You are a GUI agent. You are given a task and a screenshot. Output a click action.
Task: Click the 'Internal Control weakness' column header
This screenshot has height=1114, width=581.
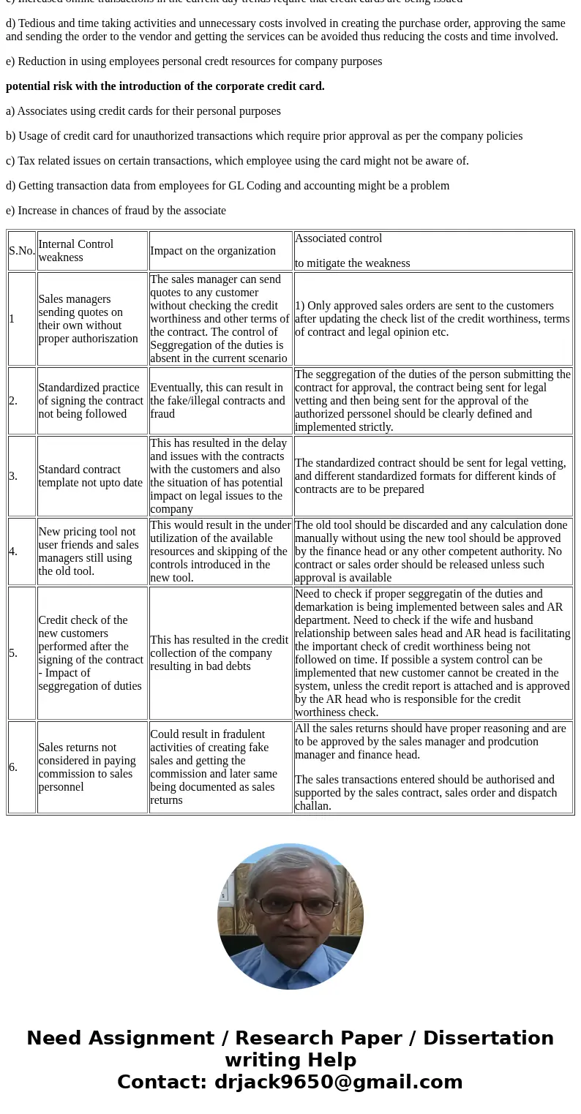click(x=91, y=251)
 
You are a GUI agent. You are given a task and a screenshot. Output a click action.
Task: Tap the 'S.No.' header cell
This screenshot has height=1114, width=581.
click(x=22, y=251)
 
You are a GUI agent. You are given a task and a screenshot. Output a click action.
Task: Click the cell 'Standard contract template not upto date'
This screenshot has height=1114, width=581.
click(x=91, y=476)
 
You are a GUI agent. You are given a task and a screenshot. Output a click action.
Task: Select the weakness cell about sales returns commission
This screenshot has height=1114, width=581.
click(x=91, y=767)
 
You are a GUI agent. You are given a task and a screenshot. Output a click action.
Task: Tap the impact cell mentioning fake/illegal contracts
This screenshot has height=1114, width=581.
click(x=220, y=401)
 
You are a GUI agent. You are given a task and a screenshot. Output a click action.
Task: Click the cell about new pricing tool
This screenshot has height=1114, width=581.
click(x=91, y=552)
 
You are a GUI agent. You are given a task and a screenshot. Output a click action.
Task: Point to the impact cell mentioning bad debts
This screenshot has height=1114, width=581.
click(x=220, y=653)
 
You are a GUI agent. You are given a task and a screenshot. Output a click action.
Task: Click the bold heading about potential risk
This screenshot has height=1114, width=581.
click(x=165, y=86)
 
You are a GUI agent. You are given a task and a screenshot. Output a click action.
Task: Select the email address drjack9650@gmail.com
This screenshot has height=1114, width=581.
click(x=338, y=1083)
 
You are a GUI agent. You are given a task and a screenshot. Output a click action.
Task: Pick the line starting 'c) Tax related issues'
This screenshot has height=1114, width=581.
click(x=237, y=161)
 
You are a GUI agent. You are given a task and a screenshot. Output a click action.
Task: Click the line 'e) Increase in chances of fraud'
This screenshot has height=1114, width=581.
click(x=116, y=211)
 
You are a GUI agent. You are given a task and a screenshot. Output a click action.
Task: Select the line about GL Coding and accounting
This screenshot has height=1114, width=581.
click(x=228, y=186)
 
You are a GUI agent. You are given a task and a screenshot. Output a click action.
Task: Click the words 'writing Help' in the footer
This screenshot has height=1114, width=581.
click(x=290, y=1061)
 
